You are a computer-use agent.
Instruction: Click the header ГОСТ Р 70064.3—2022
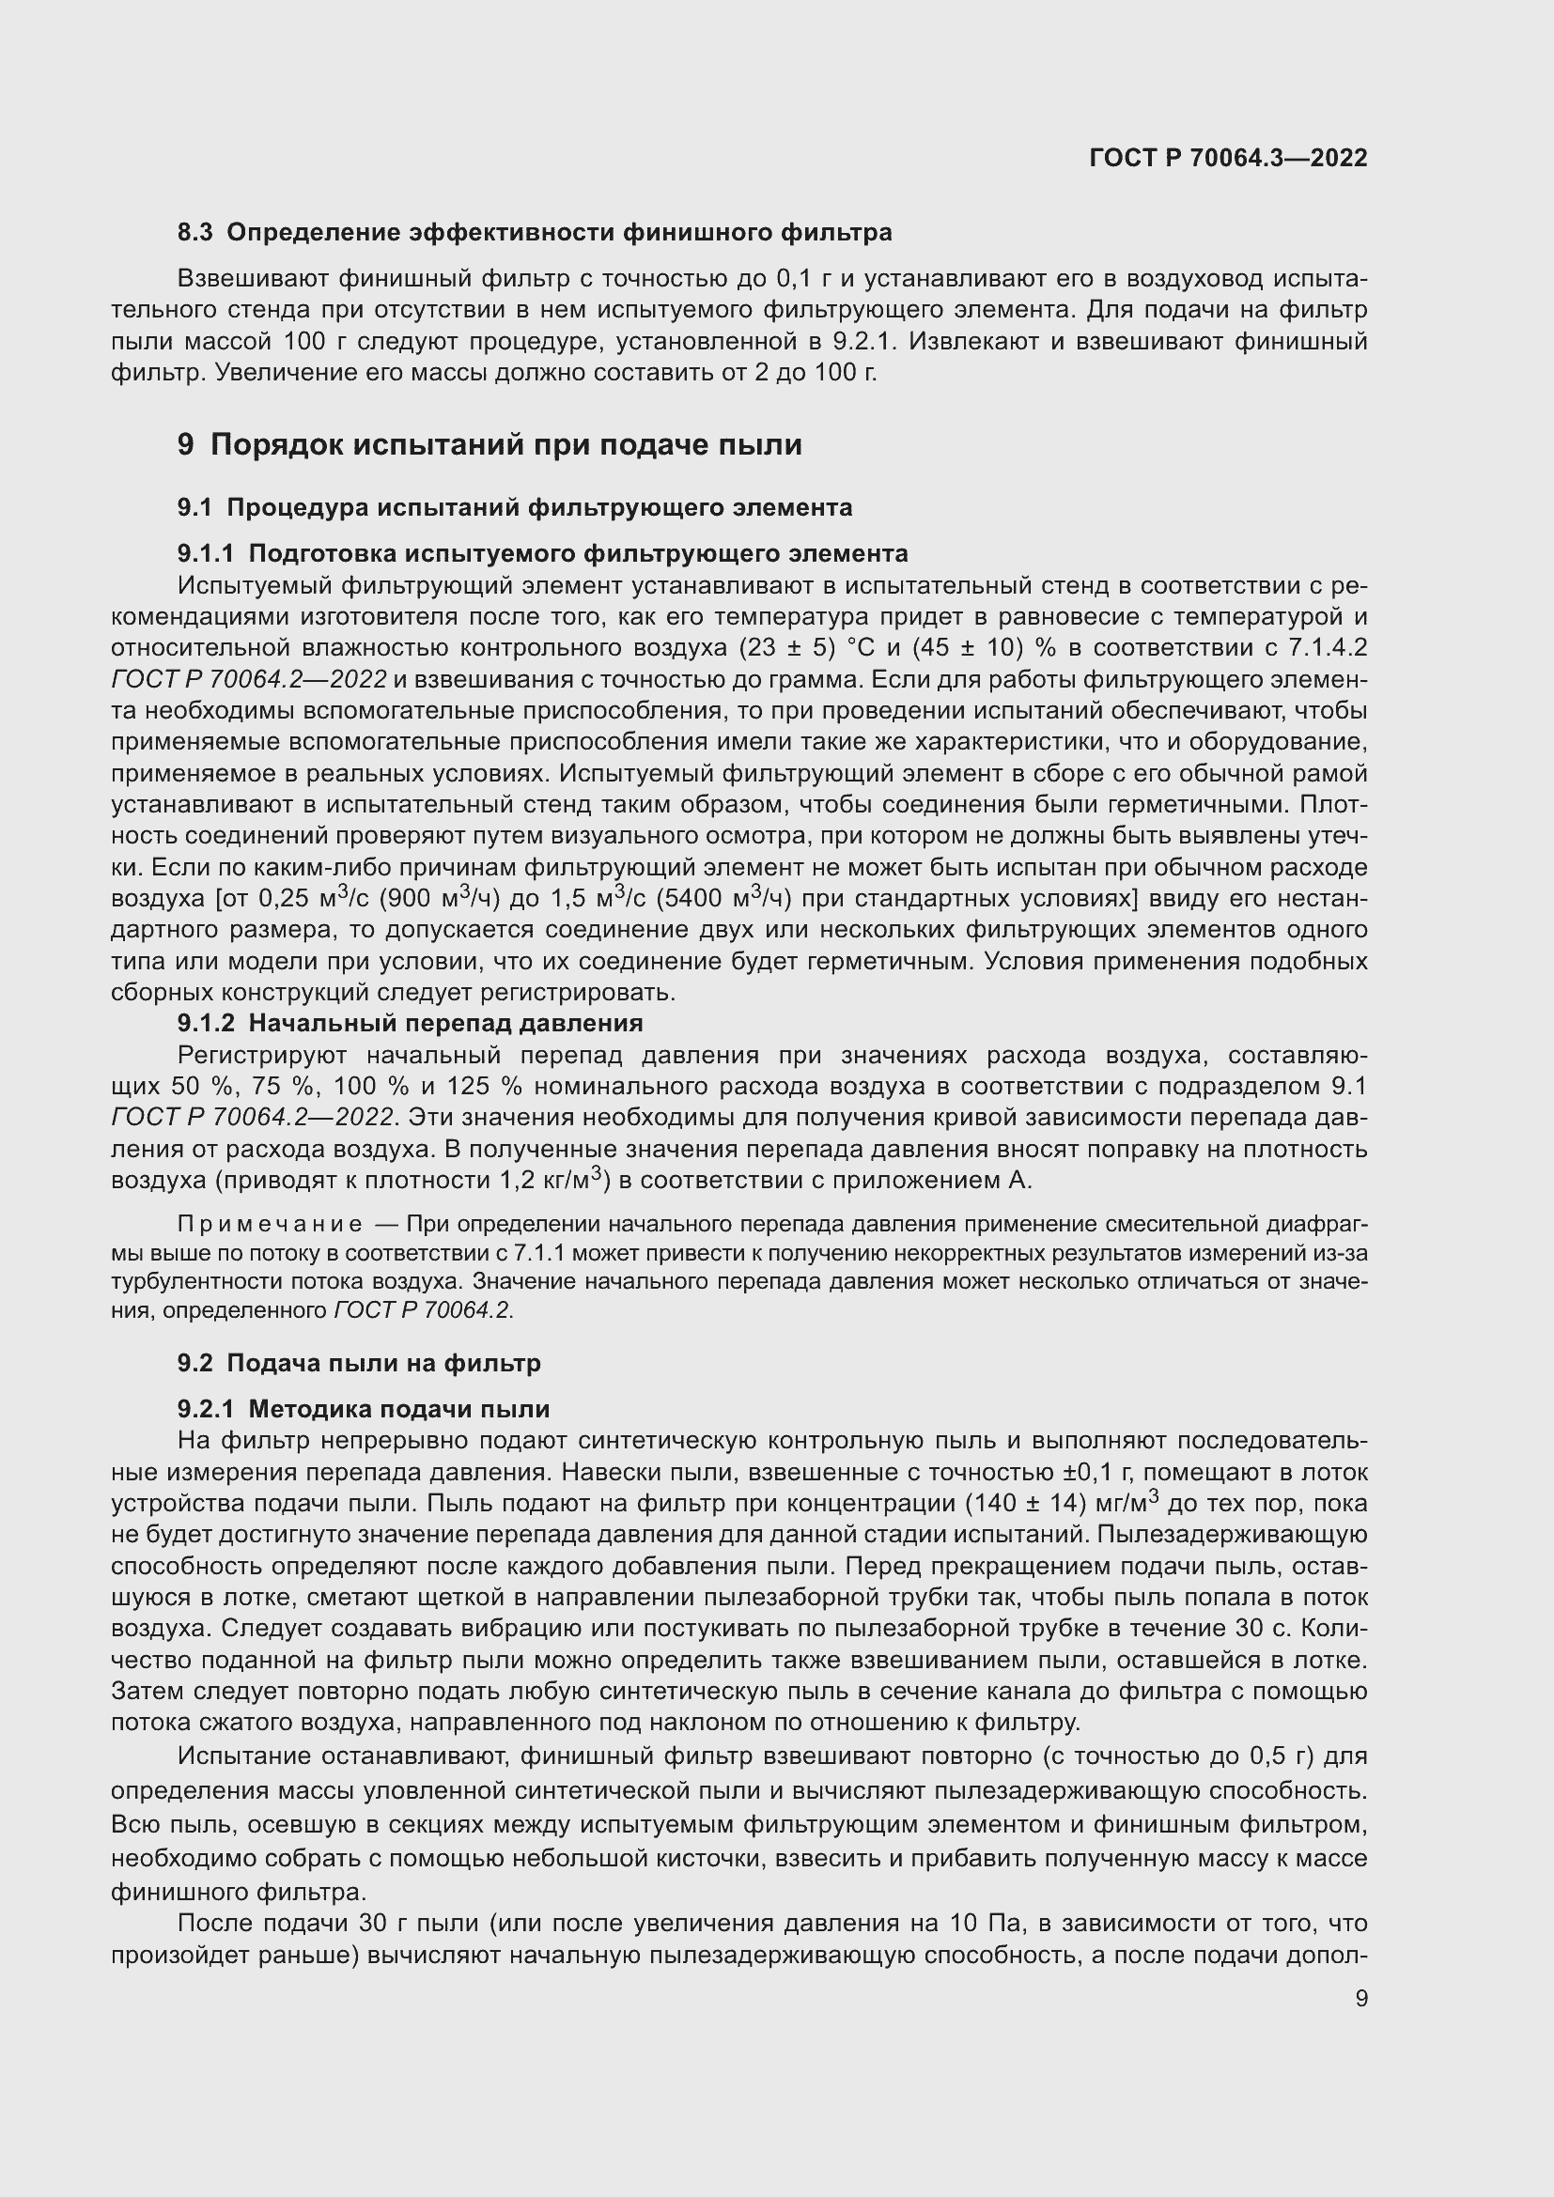pos(1228,159)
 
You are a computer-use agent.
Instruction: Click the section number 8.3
pos(195,233)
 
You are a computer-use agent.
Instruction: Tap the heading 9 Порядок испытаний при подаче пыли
pos(489,445)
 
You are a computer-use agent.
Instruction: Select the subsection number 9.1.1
pos(205,554)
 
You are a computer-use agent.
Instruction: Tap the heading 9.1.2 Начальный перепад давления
pos(410,1024)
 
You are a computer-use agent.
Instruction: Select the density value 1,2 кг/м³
pos(554,1181)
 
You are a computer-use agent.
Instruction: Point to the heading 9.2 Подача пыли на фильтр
pos(359,1364)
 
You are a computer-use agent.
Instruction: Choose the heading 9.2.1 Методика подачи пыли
pos(363,1410)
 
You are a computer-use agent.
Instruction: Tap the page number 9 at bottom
pos(1360,1999)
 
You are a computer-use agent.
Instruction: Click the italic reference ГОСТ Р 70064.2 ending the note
pos(424,1311)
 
